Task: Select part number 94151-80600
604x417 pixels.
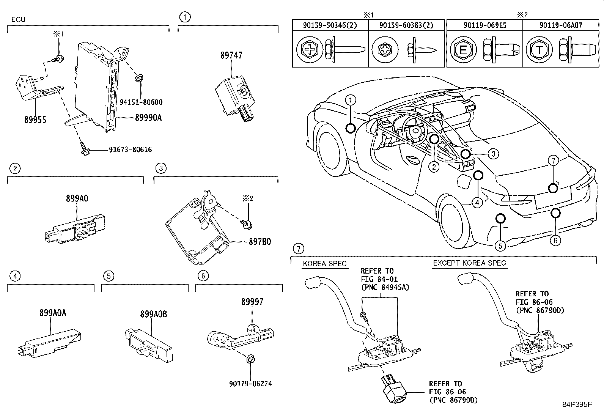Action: coord(141,102)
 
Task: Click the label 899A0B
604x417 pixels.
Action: coord(153,314)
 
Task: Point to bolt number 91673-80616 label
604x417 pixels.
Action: coord(130,149)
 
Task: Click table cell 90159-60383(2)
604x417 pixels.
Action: coord(406,25)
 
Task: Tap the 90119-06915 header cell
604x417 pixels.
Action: coord(484,25)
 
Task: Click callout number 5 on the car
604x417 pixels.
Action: coord(500,246)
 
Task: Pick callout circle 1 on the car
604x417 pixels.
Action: coord(351,100)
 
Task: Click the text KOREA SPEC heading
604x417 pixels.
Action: coord(324,263)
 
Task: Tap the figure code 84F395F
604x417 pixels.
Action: coord(577,404)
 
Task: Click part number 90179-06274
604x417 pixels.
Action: coord(250,384)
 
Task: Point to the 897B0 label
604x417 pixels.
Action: coord(260,241)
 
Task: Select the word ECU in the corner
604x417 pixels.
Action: coord(18,19)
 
